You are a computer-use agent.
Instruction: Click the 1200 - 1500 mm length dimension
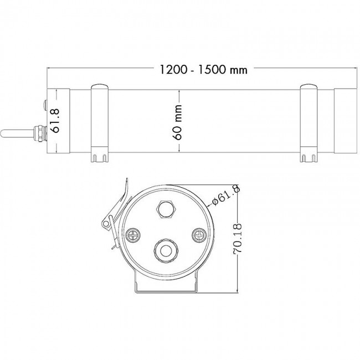(203, 69)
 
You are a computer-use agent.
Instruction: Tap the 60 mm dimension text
(178, 122)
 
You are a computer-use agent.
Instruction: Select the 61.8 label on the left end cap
(55, 121)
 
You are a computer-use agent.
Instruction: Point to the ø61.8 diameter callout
(226, 196)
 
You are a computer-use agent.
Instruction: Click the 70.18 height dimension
(237, 238)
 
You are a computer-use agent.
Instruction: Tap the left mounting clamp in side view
(100, 123)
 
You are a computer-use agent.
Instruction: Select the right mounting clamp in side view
(309, 123)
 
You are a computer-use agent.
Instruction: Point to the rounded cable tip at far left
(3, 133)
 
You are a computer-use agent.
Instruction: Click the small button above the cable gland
(45, 105)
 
